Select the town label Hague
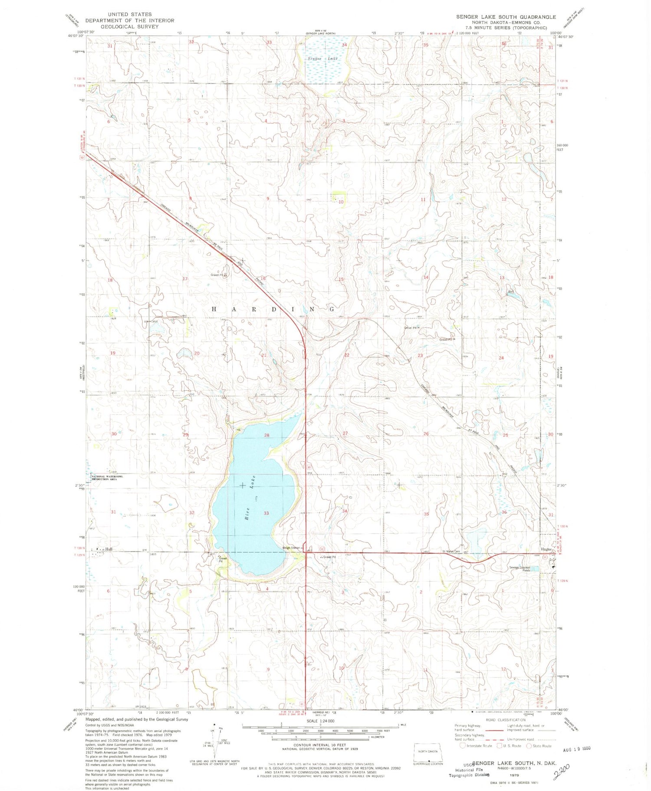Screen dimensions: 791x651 coord(546,549)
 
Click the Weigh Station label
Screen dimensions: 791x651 coord(291,548)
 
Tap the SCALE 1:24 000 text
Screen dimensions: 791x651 coord(320,721)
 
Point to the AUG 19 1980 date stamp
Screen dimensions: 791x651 coord(576,749)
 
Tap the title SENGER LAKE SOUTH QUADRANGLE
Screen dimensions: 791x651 coord(506,17)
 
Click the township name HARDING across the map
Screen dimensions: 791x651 coord(273,309)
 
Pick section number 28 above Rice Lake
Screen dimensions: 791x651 coord(266,435)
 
